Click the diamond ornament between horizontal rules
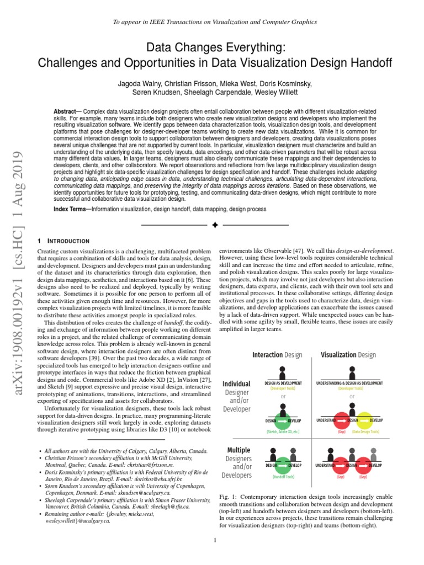coord(215,225)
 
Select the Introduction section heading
coord(65,241)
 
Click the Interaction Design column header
coord(277,355)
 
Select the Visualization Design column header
coord(348,355)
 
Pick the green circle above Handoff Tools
coord(283,465)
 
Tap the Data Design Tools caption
coord(365,432)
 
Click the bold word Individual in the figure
coord(236,383)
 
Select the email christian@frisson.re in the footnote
coord(124,465)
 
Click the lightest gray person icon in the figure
coord(380,453)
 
